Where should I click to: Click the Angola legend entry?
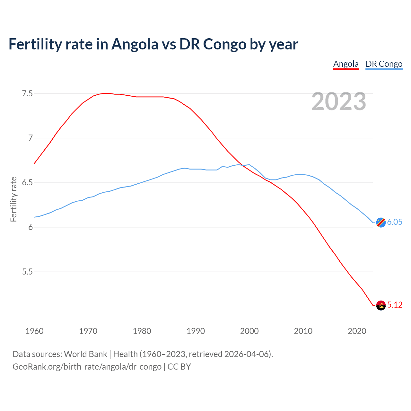tap(346, 64)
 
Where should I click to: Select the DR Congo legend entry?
tap(384, 64)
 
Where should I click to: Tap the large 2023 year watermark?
tap(339, 101)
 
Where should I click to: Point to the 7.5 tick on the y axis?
tap(27, 94)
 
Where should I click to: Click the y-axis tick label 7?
tap(31, 138)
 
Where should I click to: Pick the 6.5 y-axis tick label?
tap(27, 183)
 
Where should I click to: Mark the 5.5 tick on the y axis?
tap(27, 272)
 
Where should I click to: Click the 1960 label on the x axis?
tap(34, 331)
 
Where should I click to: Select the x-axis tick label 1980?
tap(142, 331)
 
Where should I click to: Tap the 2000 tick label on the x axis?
tap(249, 331)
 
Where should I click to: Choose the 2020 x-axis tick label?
tap(357, 331)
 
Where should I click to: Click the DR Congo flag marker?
tap(381, 222)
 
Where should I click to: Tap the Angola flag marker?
tap(381, 305)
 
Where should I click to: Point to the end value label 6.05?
tap(395, 222)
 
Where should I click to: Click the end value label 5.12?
tap(395, 305)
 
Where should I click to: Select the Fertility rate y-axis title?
tap(13, 199)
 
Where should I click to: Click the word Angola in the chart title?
tap(135, 44)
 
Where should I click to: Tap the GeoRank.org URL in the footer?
tap(87, 367)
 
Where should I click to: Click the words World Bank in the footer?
tap(85, 354)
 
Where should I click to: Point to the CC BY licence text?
tap(179, 367)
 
